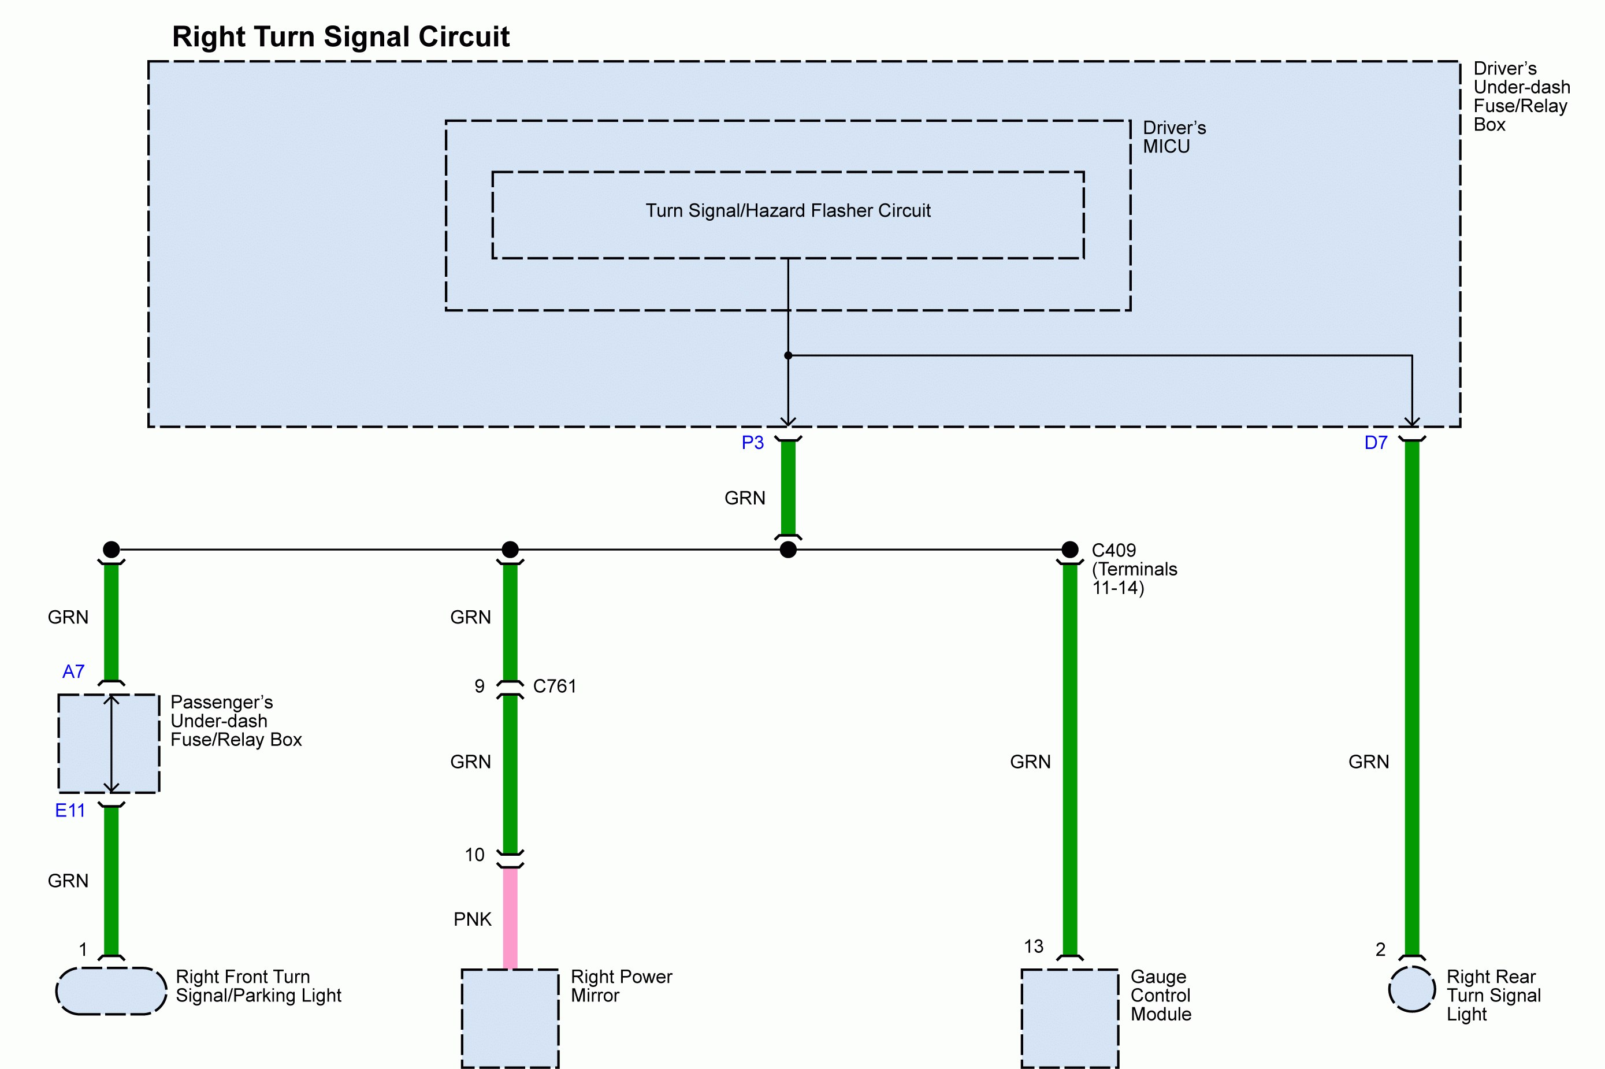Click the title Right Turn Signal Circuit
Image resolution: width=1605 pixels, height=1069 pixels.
[340, 37]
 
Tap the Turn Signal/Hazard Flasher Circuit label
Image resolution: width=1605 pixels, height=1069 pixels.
[788, 211]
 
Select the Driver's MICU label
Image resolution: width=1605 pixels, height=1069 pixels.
[1173, 137]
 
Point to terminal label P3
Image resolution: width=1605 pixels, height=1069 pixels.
[752, 443]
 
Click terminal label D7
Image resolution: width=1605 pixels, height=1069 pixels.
[1375, 443]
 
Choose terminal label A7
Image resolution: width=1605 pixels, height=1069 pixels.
[73, 671]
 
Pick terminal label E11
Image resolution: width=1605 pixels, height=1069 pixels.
[70, 811]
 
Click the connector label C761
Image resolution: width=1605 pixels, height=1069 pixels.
[554, 686]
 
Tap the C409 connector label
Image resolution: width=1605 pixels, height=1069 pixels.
[1113, 550]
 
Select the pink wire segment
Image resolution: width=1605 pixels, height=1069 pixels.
[510, 917]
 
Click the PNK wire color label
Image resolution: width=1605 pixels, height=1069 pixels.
[472, 920]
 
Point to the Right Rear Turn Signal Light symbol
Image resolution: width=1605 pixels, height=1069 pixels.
[1412, 989]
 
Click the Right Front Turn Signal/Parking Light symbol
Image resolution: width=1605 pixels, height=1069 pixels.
[111, 990]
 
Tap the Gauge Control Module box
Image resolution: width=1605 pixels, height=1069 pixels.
[1069, 1017]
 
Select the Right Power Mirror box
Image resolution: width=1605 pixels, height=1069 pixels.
[510, 1017]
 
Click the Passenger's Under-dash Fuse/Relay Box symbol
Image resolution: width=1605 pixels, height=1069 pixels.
[109, 743]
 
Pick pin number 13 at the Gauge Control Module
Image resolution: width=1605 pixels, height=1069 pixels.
[1033, 946]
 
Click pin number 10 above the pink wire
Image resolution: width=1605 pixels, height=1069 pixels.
[474, 855]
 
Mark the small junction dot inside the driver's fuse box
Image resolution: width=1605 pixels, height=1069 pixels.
[788, 355]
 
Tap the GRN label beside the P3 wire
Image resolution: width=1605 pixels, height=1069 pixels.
[745, 498]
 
